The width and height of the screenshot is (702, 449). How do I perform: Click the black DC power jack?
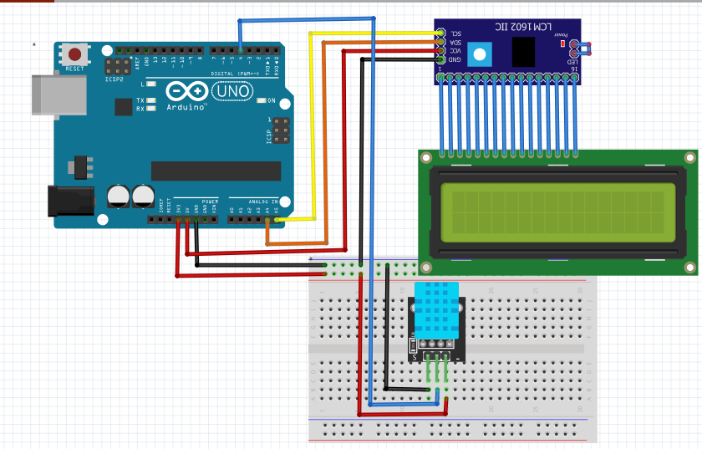coord(70,202)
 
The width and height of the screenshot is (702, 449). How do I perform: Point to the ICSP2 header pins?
coord(117,66)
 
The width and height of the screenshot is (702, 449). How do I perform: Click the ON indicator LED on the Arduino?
coord(262,100)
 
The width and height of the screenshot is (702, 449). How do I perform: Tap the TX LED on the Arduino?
coord(151,100)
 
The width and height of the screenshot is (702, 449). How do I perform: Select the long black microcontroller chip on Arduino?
coord(216,171)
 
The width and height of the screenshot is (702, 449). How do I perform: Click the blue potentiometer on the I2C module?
coord(479,55)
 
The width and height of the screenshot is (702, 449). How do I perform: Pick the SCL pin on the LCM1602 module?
coord(440,33)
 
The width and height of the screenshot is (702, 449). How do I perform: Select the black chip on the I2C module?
coord(524,52)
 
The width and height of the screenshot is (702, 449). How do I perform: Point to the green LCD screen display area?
coord(557,209)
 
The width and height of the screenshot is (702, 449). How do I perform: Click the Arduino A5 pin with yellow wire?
coord(277,219)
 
